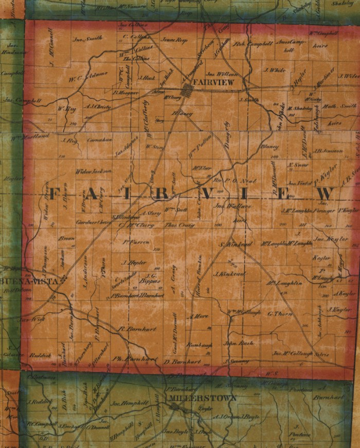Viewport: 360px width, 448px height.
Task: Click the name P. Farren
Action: click(x=136, y=242)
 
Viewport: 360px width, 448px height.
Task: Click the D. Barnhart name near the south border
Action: click(x=177, y=362)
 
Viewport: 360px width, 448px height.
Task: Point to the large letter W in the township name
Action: click(x=325, y=194)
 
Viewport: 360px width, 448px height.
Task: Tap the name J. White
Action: click(x=274, y=70)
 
